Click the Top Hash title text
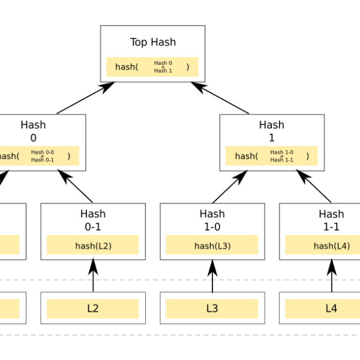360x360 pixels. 152,42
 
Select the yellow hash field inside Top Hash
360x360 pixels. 152,67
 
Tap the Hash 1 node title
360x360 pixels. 272,131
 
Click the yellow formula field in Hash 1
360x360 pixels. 272,156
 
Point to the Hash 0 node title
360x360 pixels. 33,131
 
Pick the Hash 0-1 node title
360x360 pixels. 93,220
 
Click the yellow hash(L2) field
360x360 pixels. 93,245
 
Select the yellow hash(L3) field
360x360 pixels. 212,245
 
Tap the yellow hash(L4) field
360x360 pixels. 331,245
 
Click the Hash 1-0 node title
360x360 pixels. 212,220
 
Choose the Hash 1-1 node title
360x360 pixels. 331,220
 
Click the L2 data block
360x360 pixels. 93,308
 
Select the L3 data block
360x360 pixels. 212,308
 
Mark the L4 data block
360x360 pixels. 331,308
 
